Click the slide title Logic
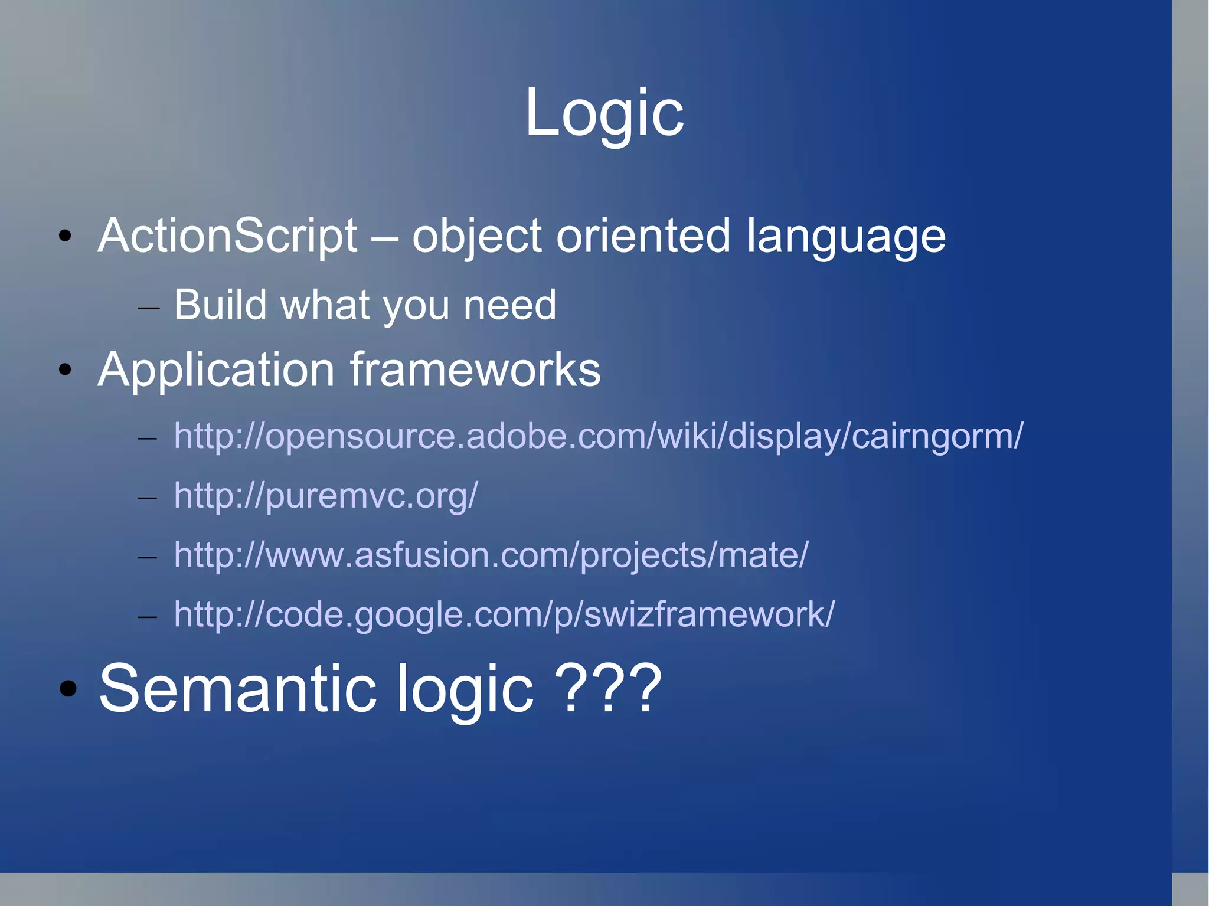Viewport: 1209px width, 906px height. (x=604, y=112)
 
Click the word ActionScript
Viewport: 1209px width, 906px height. (x=227, y=236)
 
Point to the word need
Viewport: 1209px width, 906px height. (x=509, y=305)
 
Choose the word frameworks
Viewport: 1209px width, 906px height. (x=475, y=369)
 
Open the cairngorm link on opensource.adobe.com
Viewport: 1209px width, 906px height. (x=598, y=437)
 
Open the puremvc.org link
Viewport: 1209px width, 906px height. (x=325, y=496)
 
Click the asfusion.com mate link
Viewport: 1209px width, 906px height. (x=491, y=555)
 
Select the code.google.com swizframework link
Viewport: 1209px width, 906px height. (x=504, y=615)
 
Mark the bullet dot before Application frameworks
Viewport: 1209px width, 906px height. (x=65, y=370)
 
